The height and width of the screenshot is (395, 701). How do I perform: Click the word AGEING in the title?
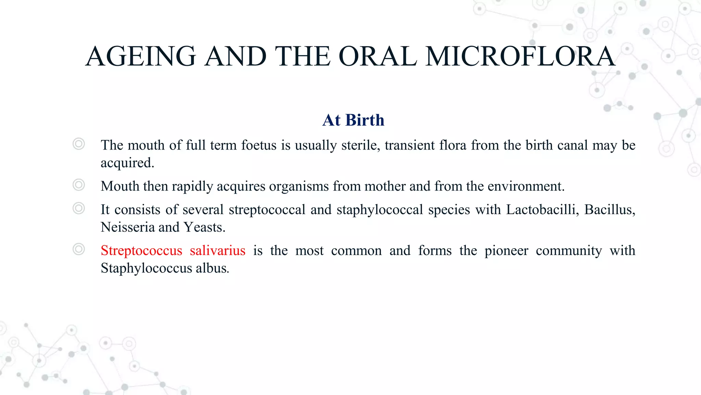click(141, 57)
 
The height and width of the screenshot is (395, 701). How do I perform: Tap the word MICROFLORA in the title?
click(520, 57)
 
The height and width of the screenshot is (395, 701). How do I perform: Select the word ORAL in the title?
click(378, 57)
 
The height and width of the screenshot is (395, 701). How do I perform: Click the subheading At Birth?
click(353, 120)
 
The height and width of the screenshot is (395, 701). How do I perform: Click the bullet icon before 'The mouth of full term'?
click(79, 144)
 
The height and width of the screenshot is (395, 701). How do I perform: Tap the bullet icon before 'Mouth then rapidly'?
click(79, 185)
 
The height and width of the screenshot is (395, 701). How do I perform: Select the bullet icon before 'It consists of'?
click(79, 208)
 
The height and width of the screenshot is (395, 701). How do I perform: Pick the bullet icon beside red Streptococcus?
click(79, 249)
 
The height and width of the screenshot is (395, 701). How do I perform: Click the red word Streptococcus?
click(141, 251)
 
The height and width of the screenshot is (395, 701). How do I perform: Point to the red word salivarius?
click(218, 251)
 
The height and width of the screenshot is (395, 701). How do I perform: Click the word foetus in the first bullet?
click(259, 145)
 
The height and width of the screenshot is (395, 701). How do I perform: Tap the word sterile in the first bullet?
click(360, 145)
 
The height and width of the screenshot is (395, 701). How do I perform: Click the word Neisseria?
click(127, 227)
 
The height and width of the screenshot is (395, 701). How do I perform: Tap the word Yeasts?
click(204, 227)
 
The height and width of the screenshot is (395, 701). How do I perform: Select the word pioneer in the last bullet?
click(506, 251)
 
